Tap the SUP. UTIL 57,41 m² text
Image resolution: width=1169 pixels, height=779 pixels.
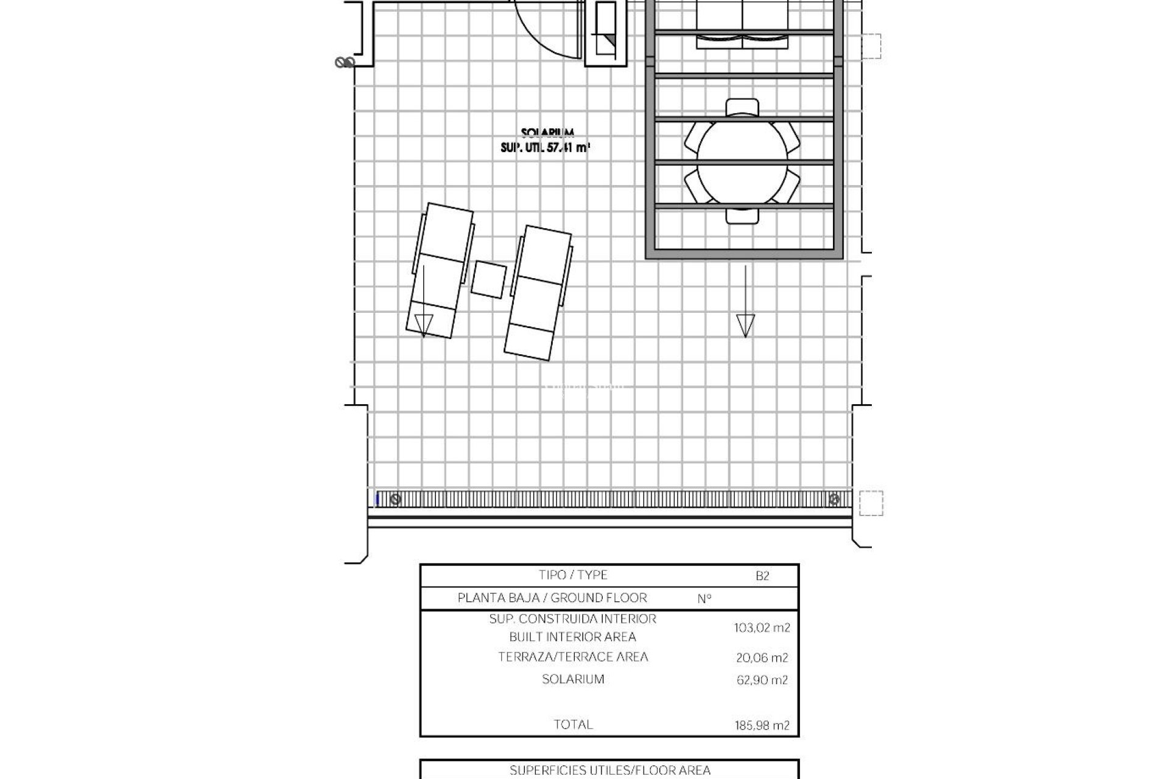tap(546, 147)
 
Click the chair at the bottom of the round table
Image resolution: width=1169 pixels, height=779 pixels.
tap(742, 215)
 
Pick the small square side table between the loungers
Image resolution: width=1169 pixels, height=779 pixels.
tap(489, 279)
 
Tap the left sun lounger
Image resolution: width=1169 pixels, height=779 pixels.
tap(440, 270)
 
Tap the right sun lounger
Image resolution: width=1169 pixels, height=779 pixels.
tap(538, 293)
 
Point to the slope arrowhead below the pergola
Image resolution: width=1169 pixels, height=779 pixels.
tap(745, 326)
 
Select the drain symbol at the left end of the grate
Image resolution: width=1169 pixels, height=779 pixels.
tap(396, 500)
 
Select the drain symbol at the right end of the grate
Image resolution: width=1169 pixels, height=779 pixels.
tap(834, 500)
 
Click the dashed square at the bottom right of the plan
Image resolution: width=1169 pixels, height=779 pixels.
tap(871, 503)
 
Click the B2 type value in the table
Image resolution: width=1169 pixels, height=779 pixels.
tap(762, 576)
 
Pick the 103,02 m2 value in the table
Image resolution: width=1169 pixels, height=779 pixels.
tap(762, 628)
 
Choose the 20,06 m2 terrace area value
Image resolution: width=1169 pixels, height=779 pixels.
tap(762, 657)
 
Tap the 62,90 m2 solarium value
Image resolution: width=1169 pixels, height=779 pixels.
tap(762, 680)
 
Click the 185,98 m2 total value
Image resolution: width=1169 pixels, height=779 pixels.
tap(762, 725)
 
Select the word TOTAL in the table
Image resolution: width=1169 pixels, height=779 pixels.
tap(573, 724)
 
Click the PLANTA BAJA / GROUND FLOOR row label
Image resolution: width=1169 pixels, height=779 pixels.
tap(552, 598)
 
